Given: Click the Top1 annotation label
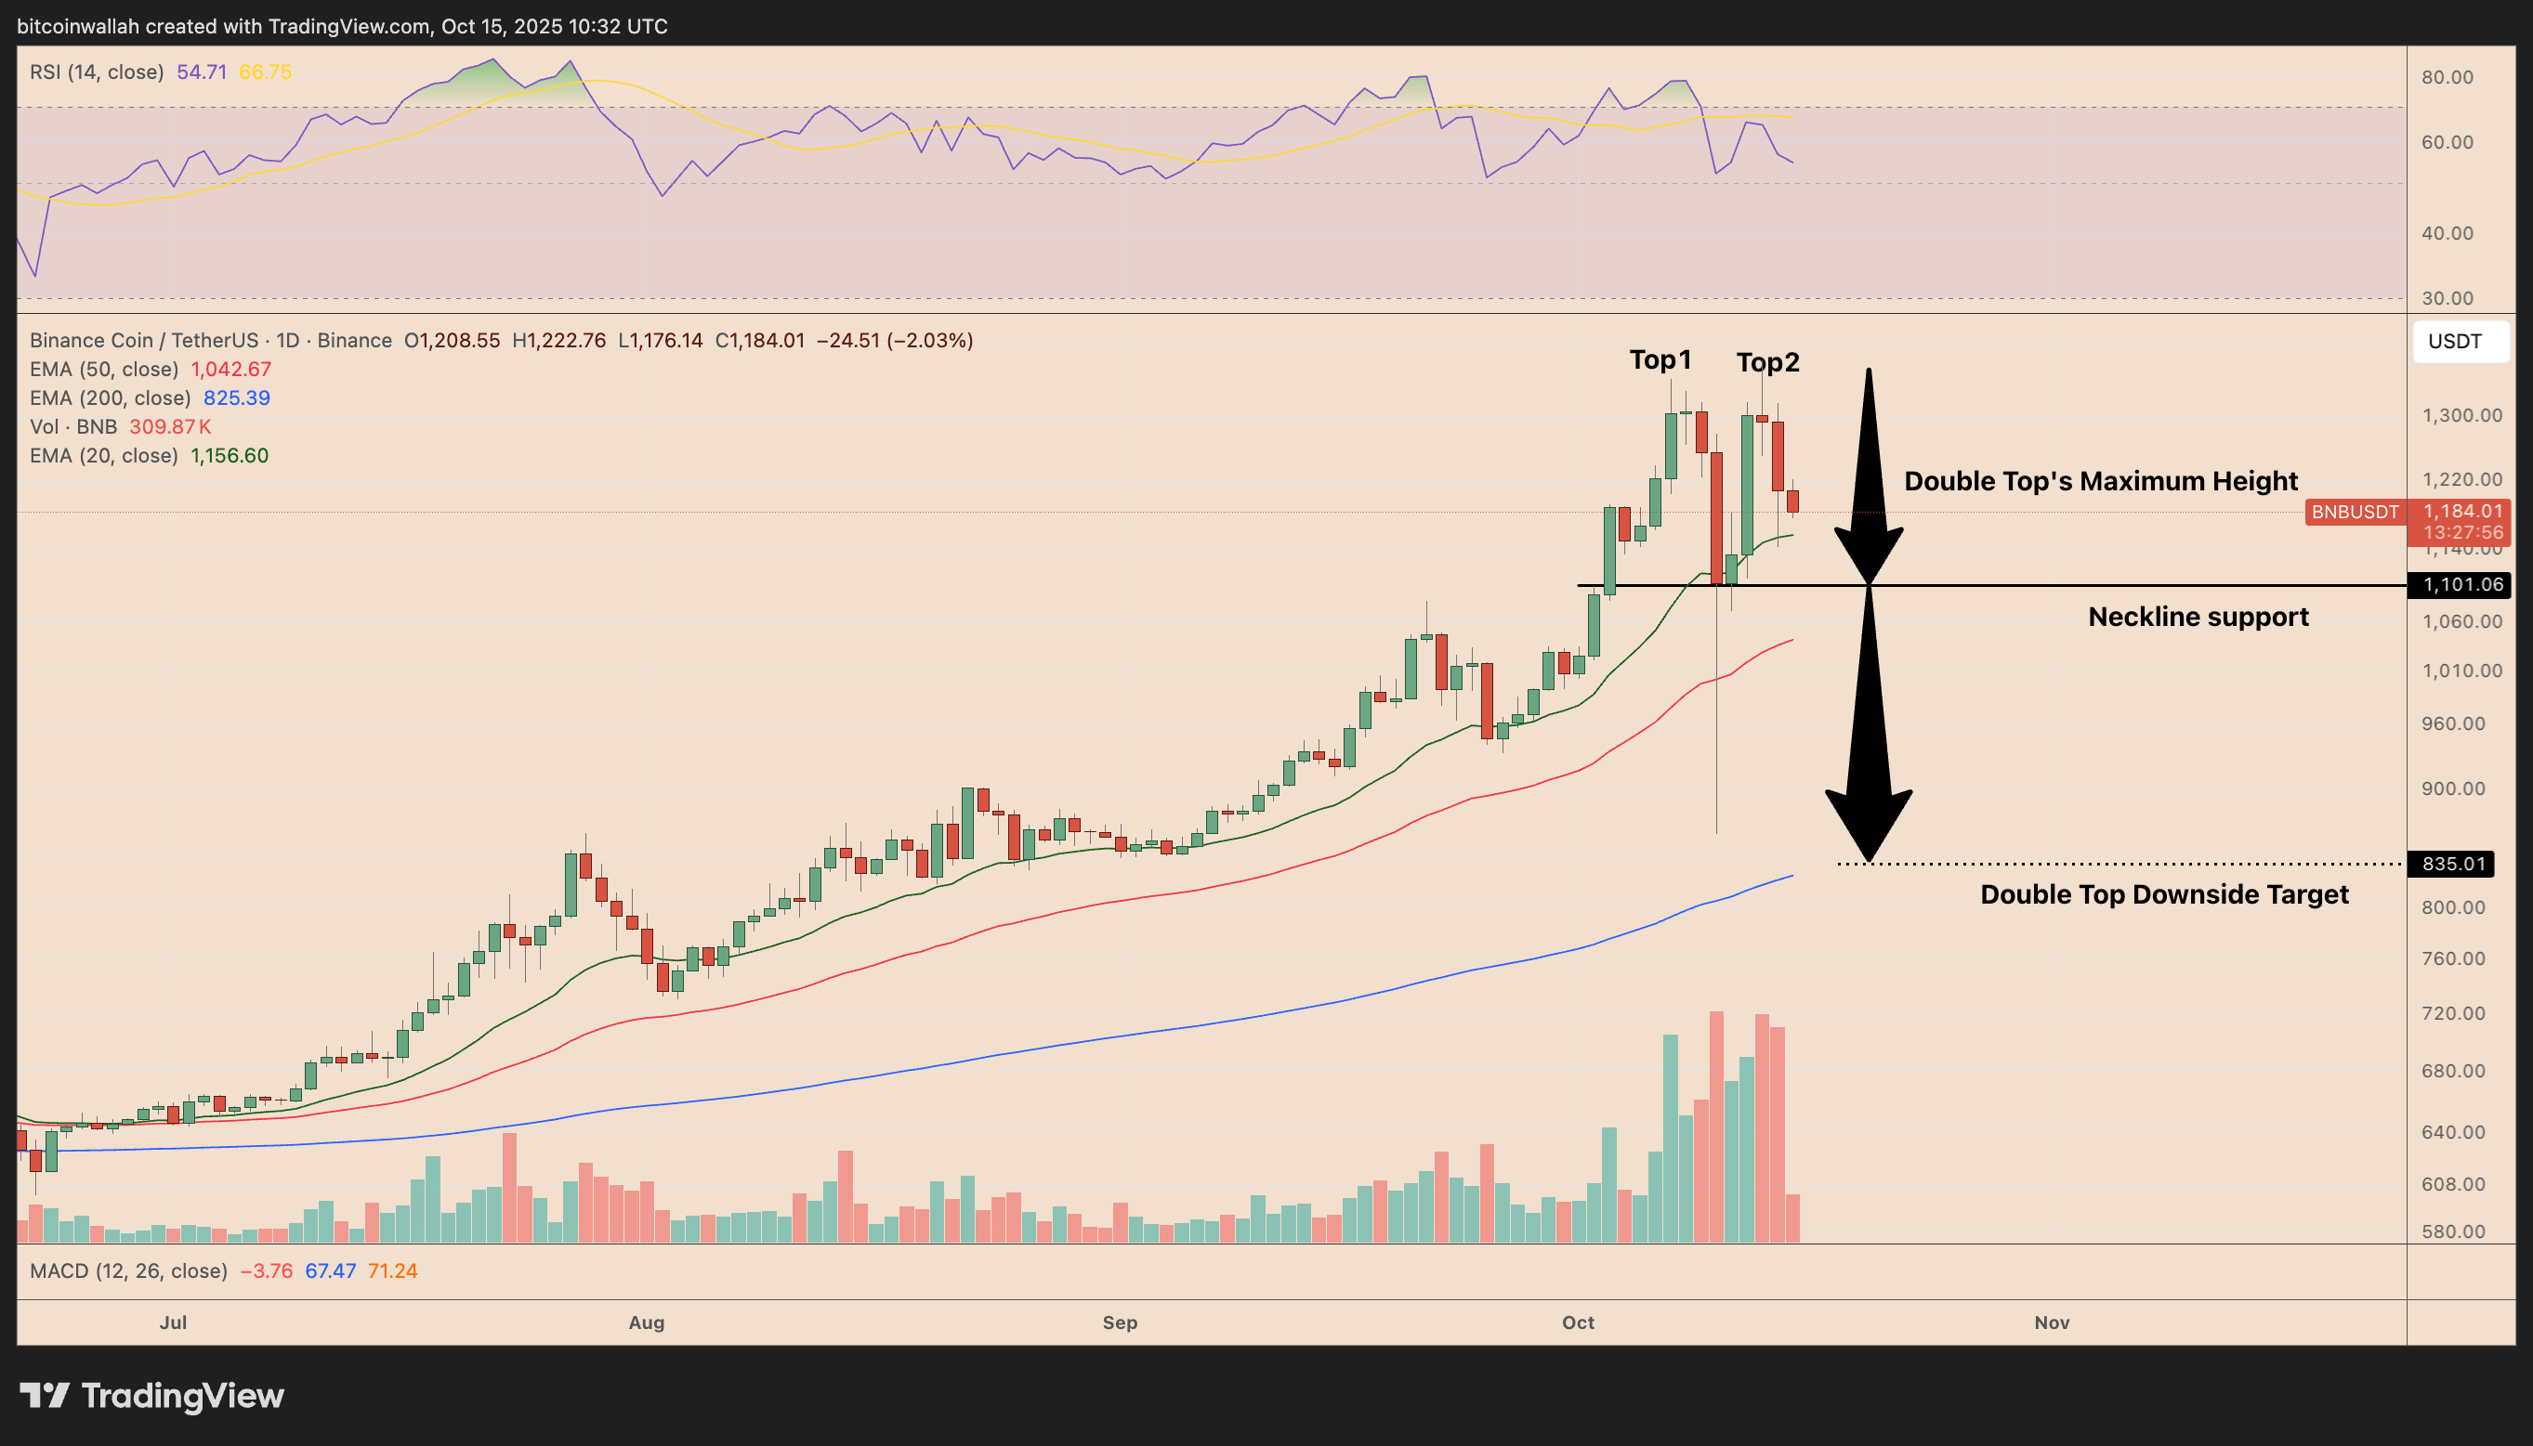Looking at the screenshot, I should tap(1659, 359).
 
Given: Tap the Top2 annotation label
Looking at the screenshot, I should tap(1767, 362).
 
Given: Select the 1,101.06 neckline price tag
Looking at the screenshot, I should tap(2460, 585).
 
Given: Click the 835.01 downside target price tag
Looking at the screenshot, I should tap(2451, 864).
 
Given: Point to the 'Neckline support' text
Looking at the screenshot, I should tap(2198, 617).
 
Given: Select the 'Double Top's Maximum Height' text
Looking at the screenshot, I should tap(2100, 481).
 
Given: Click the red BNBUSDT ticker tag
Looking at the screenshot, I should tap(2355, 513).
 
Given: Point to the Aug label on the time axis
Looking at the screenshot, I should tap(647, 1322).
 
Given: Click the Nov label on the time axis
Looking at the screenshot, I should tap(2052, 1322).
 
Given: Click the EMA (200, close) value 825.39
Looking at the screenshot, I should tap(236, 398).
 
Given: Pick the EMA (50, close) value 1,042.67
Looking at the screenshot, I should tap(230, 370).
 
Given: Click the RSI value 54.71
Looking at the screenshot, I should tap(202, 72).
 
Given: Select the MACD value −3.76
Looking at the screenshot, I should tap(266, 1271).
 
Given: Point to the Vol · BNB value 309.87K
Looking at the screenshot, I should tap(170, 427).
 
